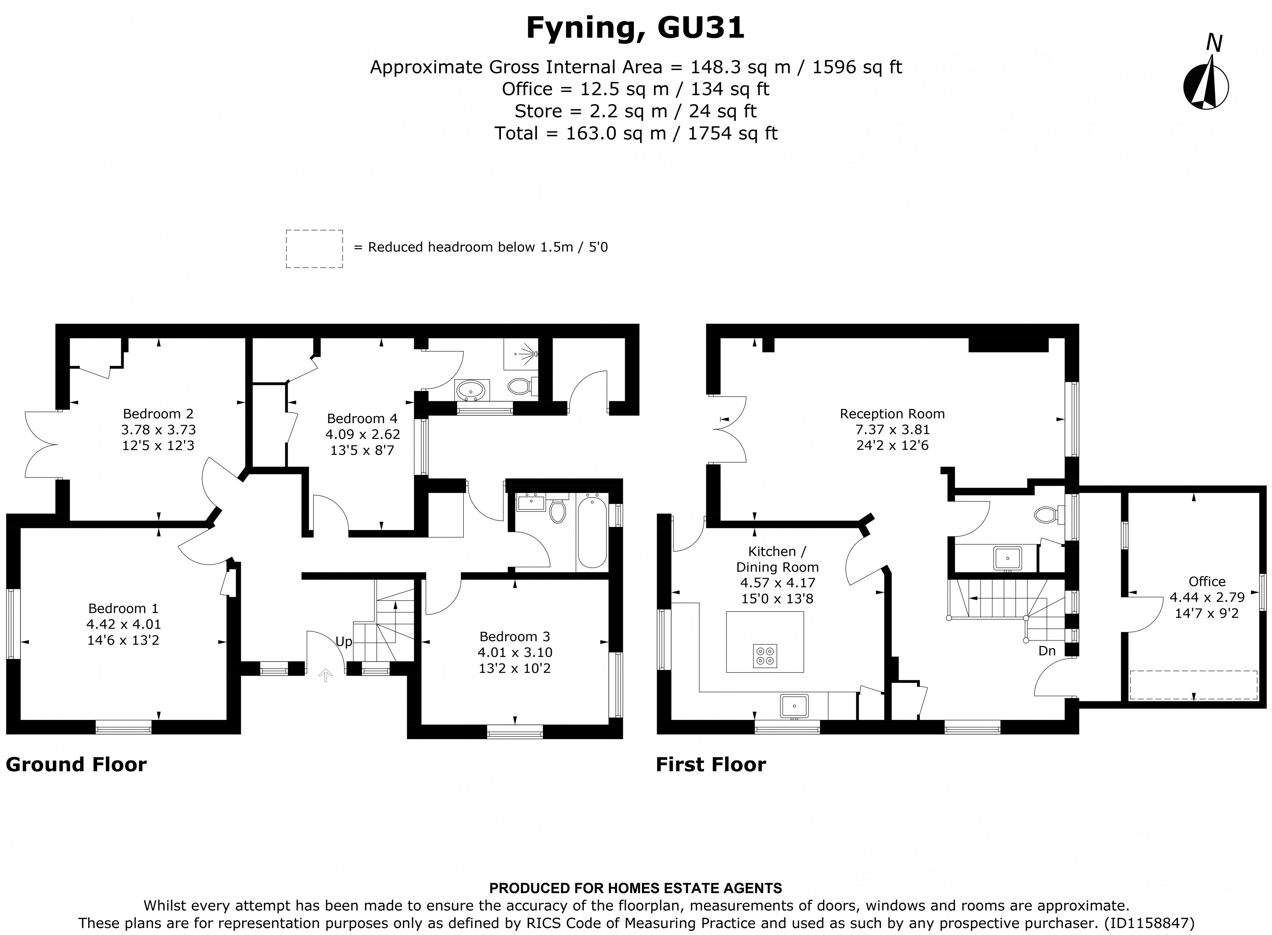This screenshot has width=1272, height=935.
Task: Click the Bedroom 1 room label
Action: tap(123, 608)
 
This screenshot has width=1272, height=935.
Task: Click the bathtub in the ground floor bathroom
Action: tap(592, 531)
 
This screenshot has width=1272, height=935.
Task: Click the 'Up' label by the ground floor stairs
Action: tap(344, 641)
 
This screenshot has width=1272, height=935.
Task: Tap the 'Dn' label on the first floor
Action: tap(1047, 651)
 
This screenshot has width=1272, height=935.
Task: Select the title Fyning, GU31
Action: tap(635, 28)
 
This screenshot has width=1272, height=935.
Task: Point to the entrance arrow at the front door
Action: tap(325, 675)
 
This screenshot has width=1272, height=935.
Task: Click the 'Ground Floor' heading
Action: tap(76, 765)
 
